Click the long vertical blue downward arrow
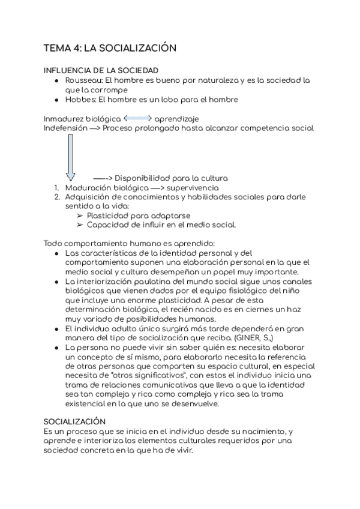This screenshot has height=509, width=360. pyautogui.click(x=71, y=157)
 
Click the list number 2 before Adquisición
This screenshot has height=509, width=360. pyautogui.click(x=56, y=197)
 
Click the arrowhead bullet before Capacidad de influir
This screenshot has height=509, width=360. pyautogui.click(x=80, y=225)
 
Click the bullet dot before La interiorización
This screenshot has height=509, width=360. pyautogui.click(x=56, y=282)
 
